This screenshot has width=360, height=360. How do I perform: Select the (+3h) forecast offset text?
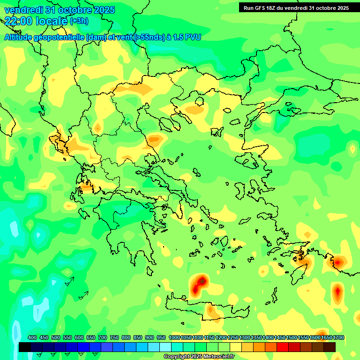click(x=79, y=21)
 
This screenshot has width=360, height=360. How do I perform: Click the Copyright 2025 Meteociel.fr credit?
click(x=199, y=356)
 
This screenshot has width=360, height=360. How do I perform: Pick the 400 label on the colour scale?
click(x=32, y=338)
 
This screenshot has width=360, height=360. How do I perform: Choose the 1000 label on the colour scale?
click(x=174, y=338)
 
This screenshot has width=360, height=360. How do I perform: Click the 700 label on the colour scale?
click(x=103, y=338)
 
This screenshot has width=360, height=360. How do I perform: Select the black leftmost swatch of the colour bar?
click(x=25, y=347)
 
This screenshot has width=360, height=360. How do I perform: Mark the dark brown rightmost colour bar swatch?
click(x=330, y=347)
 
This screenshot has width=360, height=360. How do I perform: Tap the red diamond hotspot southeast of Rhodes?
click(x=337, y=292)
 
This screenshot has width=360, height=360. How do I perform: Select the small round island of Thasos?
click(x=199, y=101)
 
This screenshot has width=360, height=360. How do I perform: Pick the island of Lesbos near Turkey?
click(x=251, y=160)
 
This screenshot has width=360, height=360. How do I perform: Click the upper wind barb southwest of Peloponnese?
click(x=69, y=281)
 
